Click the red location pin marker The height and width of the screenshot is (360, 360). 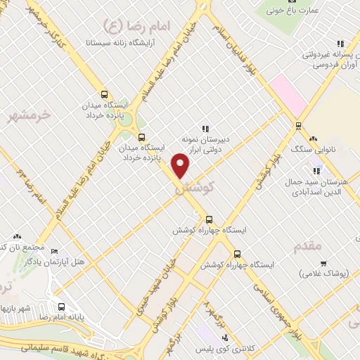pos(181,167)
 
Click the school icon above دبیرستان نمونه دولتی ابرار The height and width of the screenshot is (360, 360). pos(205,129)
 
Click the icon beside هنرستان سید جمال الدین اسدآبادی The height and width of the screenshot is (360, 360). pos(316,171)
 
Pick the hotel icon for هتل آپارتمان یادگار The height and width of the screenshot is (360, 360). pos(55,251)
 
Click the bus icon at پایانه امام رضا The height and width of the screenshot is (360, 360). pos(62,307)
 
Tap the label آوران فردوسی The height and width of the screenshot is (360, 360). pos(326,65)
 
